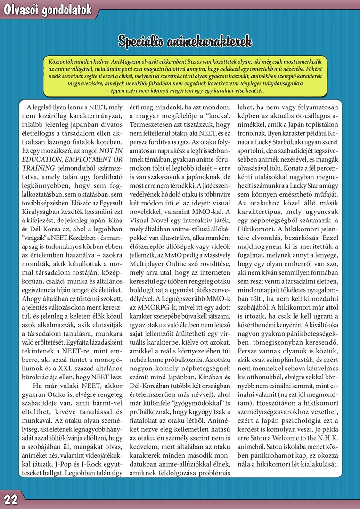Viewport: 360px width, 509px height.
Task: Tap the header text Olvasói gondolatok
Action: click(x=48, y=10)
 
